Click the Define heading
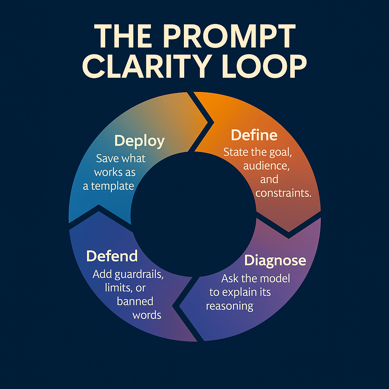pos(254,135)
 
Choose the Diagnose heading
pos(275,261)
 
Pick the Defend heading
pos(112,256)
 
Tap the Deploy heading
pos(139,141)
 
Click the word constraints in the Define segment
pos(283,193)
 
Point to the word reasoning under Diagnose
pos(229,306)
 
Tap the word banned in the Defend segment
pos(135,302)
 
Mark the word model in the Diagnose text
pos(274,279)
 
